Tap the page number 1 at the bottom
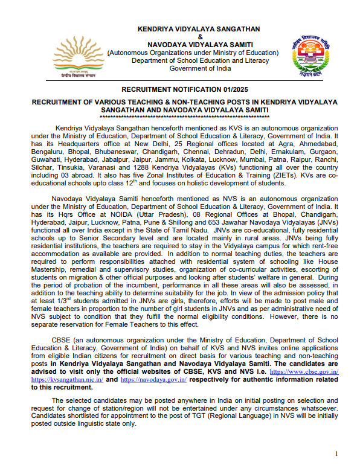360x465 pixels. (336, 453)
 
